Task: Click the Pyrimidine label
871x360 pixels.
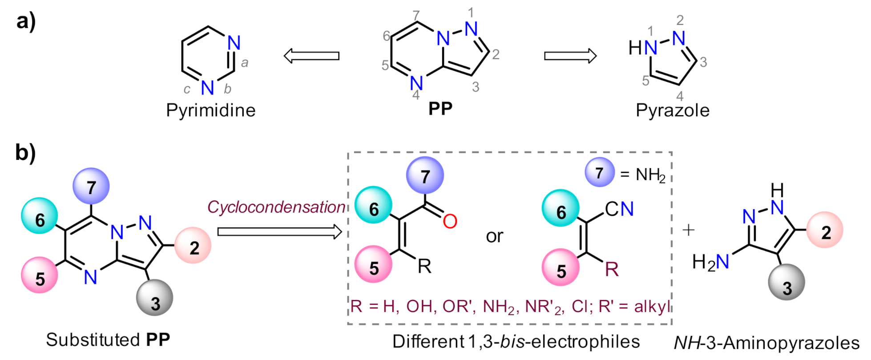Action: click(x=211, y=110)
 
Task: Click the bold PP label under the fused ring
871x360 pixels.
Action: click(x=440, y=109)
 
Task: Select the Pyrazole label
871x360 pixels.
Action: click(x=673, y=110)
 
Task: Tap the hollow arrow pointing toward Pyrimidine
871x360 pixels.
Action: click(x=311, y=56)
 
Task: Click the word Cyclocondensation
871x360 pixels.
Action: click(x=276, y=207)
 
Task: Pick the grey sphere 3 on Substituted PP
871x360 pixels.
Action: click(x=155, y=298)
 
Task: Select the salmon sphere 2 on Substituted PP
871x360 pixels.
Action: click(x=193, y=246)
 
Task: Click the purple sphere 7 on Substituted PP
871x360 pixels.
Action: click(x=91, y=186)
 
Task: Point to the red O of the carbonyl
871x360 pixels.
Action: click(x=450, y=221)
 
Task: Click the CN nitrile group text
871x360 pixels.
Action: click(x=620, y=209)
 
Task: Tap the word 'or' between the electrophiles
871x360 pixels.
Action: click(x=495, y=236)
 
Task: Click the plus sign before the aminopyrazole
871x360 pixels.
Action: click(x=688, y=230)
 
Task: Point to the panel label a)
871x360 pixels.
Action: click(x=26, y=21)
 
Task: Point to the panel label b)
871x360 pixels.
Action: click(x=25, y=153)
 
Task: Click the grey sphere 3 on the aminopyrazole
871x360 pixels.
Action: click(x=787, y=282)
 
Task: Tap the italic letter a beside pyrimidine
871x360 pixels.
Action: click(x=245, y=63)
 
